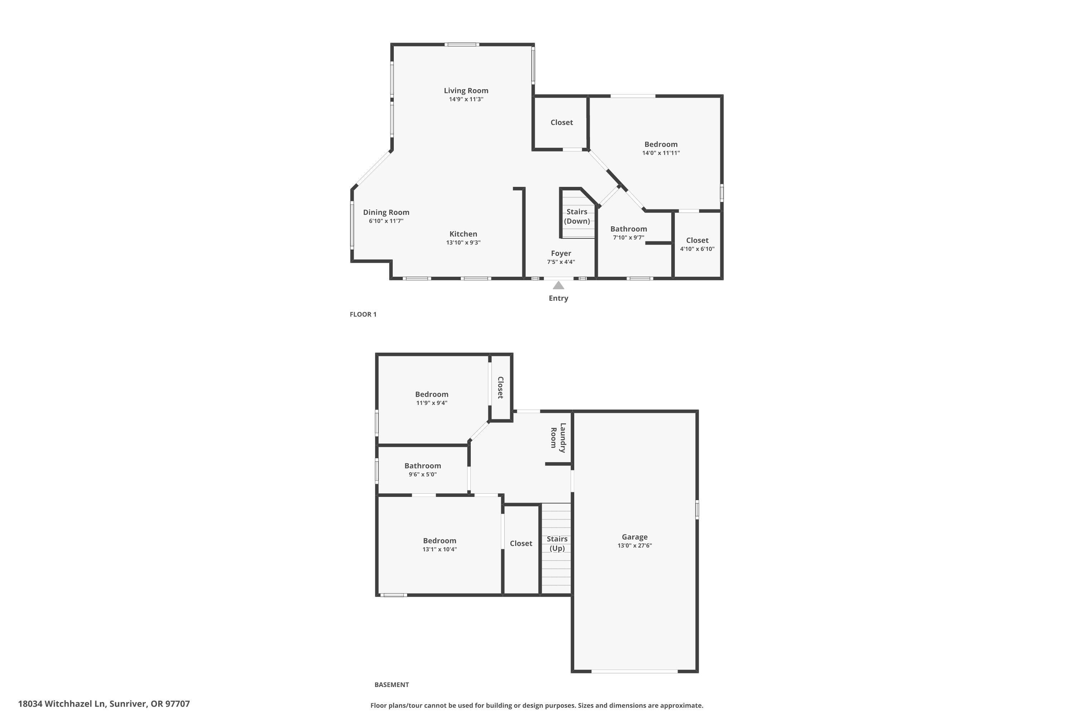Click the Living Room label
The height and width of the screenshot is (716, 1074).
pos(466,91)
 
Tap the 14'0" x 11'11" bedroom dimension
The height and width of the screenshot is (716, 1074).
pos(661,153)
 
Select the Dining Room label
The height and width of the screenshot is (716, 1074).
pos(386,212)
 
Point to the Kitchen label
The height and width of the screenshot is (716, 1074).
pos(463,234)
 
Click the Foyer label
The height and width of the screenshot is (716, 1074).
pos(561,253)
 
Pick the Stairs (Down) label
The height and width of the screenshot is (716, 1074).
pos(577,217)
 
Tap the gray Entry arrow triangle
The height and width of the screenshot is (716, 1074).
pos(558,285)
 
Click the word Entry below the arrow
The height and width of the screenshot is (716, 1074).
pos(558,298)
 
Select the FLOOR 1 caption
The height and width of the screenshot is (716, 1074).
pos(363,314)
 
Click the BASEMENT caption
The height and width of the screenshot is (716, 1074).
pos(391,684)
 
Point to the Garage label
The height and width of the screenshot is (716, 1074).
pos(634,537)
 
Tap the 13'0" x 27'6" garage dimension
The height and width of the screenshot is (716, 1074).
pos(634,546)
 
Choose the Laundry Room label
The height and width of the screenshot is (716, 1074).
pos(558,438)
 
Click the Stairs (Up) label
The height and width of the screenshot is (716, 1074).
pos(557,543)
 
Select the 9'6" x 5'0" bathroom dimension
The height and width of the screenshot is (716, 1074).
pos(422,474)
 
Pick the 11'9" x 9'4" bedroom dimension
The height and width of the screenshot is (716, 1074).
pos(431,403)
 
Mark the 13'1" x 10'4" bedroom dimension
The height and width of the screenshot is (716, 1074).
pos(439,549)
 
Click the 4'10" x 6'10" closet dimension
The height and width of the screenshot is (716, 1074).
pos(697,249)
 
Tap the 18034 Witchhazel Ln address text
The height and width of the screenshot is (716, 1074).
pos(104,704)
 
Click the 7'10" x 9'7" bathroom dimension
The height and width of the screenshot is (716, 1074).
pos(628,237)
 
